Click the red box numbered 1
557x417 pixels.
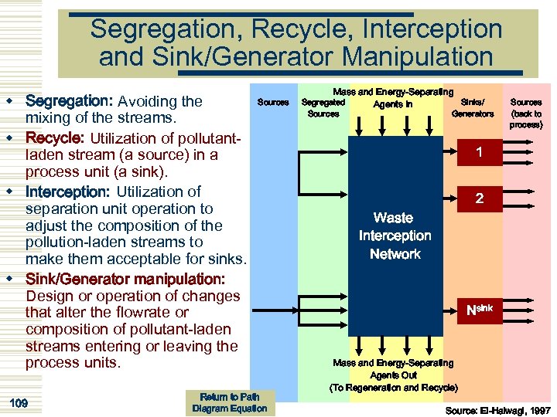480,153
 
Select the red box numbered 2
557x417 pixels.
480,199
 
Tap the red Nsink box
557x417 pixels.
480,311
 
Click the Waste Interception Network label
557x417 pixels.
395,236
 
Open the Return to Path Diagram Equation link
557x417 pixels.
229,402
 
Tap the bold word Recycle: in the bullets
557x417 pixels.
56,137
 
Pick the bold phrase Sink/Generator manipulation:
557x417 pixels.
125,279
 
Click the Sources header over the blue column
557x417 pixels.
272,102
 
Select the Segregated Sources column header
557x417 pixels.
323,107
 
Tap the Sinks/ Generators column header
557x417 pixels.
472,107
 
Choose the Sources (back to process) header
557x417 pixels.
526,113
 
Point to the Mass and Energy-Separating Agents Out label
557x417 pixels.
393,375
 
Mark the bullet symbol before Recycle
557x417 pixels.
11,137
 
